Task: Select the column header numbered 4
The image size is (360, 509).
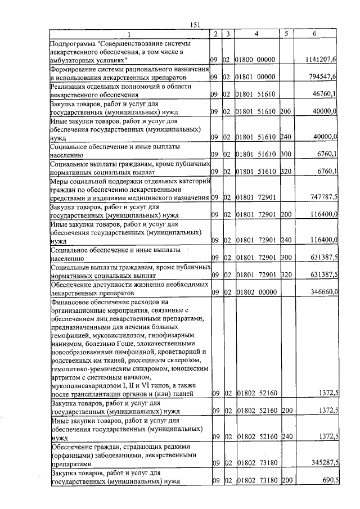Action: [x=256, y=34]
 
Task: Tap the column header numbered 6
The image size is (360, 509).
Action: [x=314, y=34]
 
